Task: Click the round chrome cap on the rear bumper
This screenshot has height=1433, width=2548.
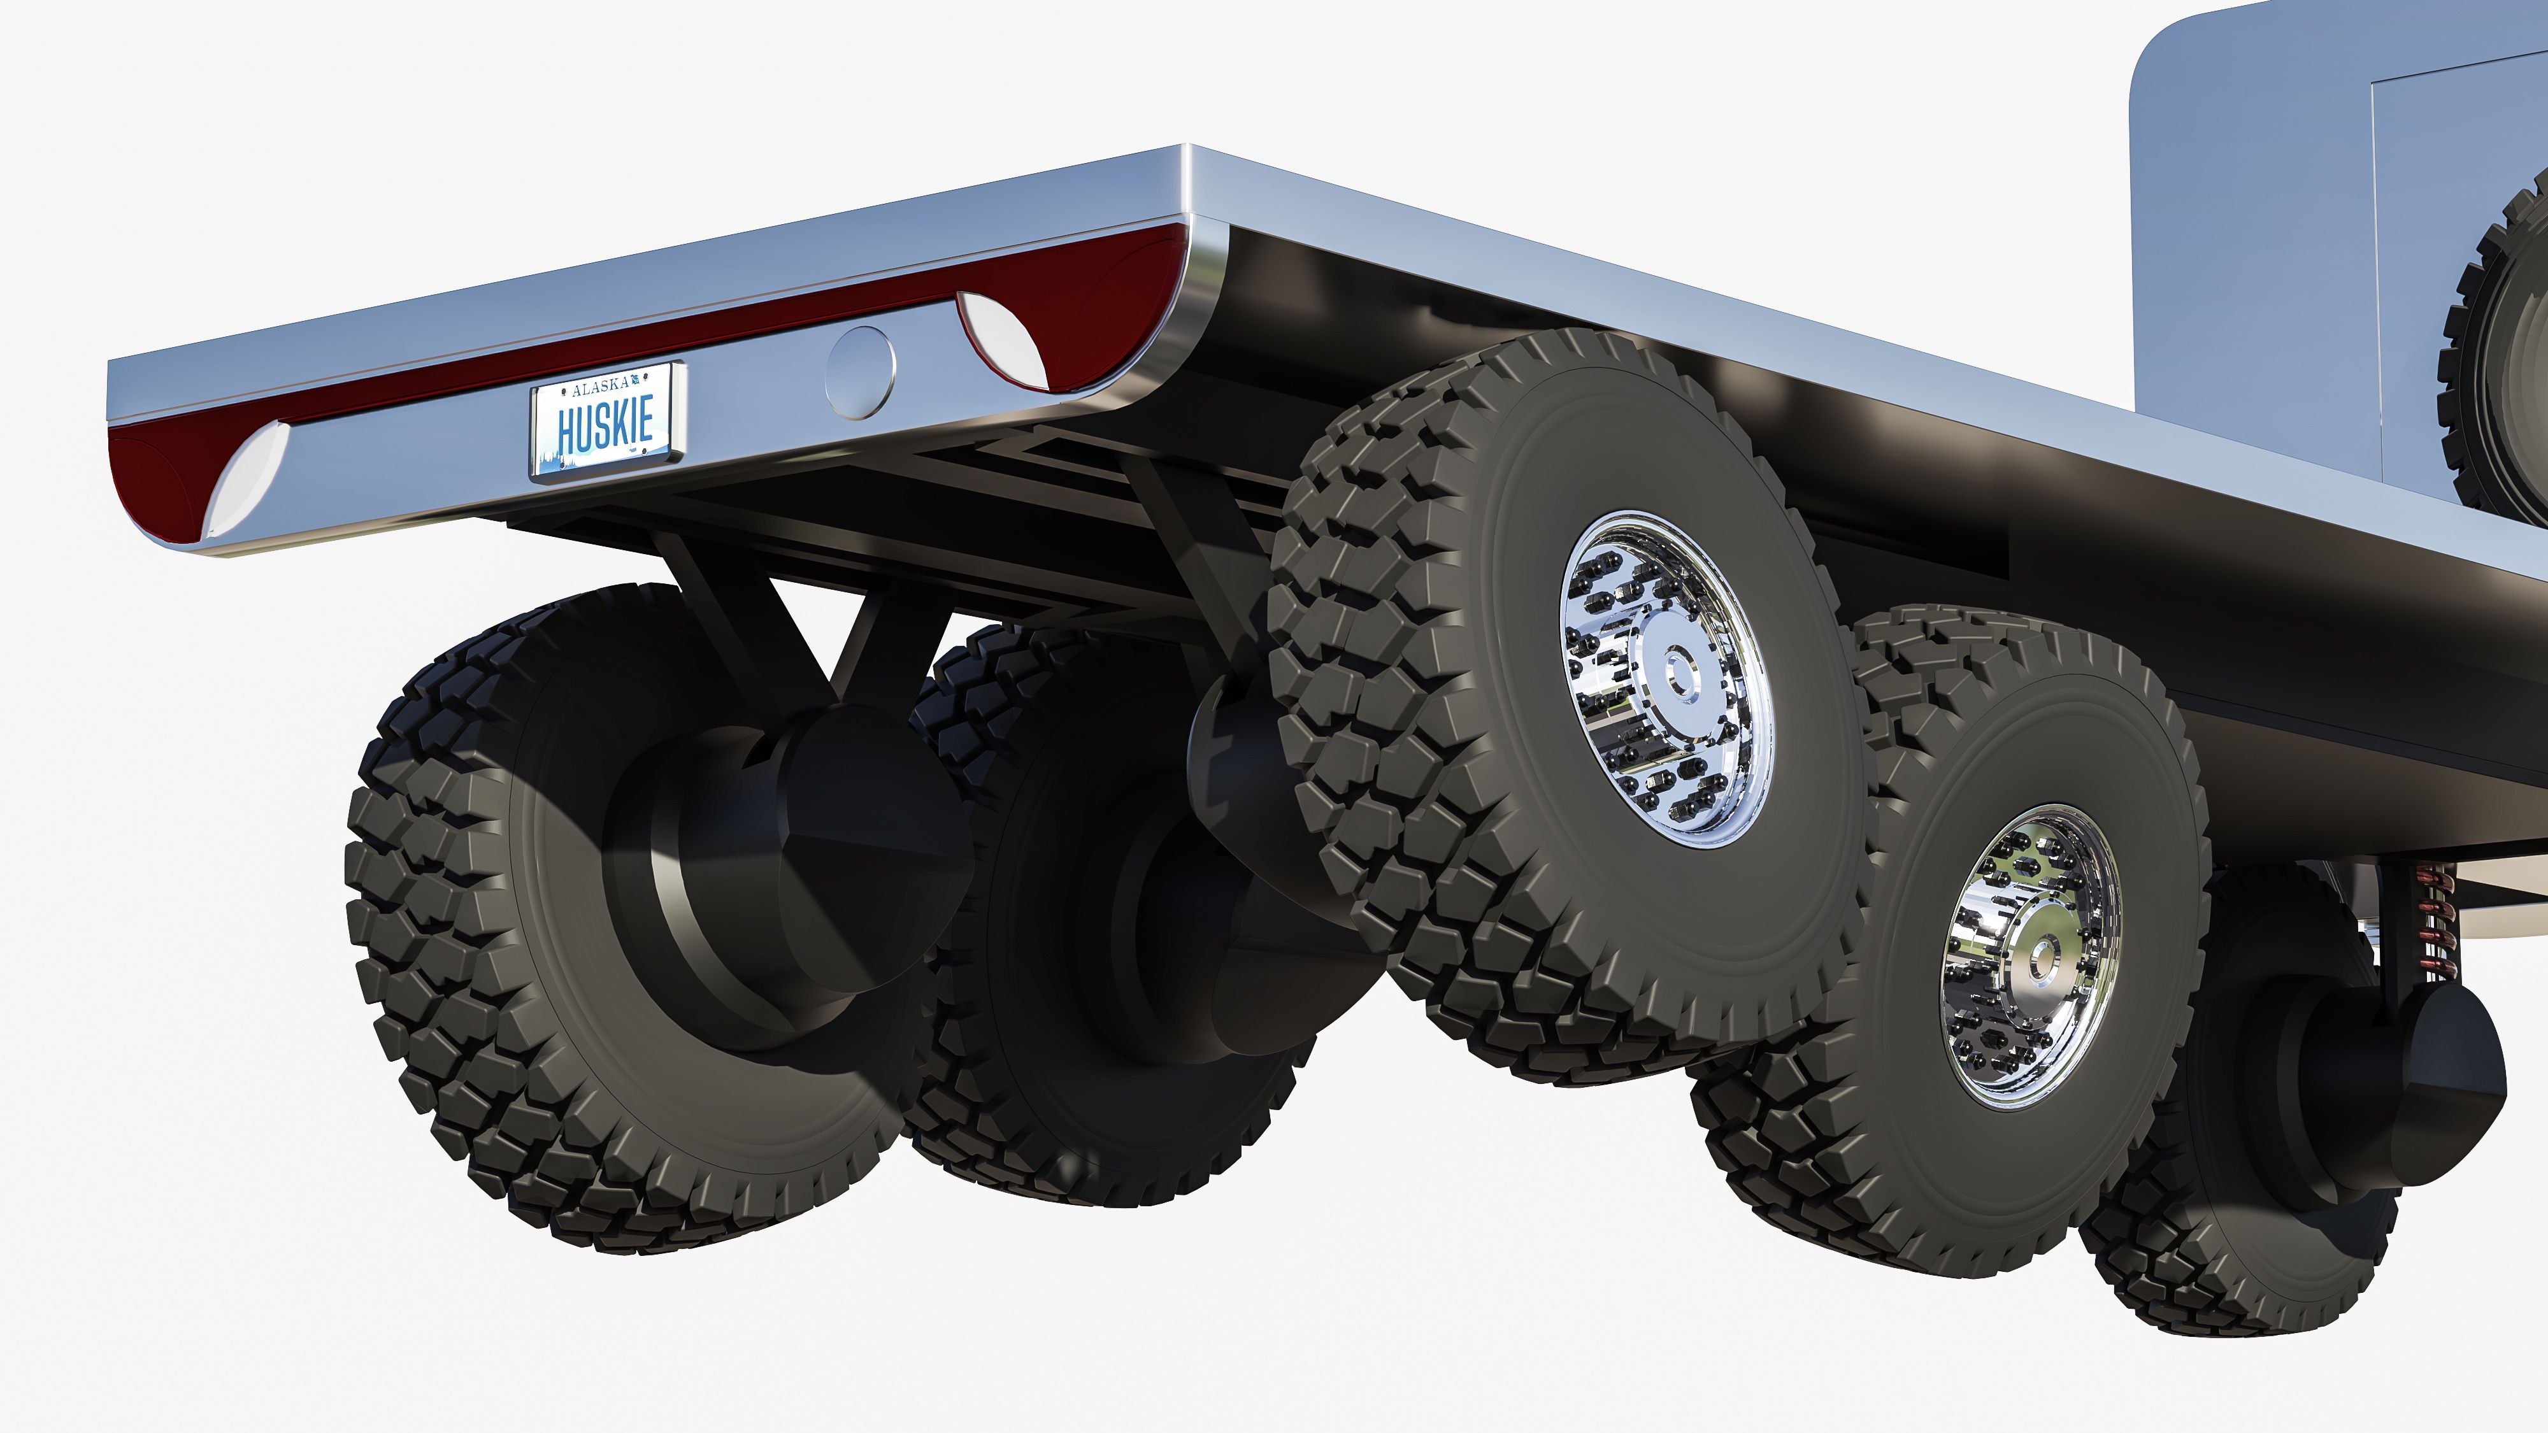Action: click(x=859, y=372)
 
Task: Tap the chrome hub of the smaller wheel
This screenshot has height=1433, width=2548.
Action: click(x=2031, y=957)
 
